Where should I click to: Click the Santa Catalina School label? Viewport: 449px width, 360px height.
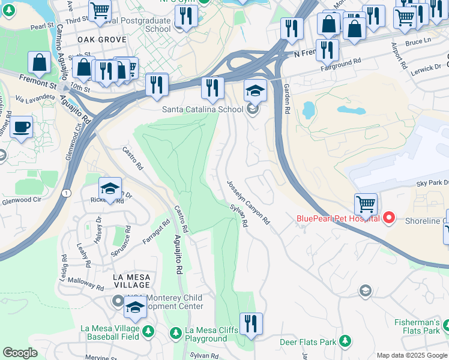point(202,109)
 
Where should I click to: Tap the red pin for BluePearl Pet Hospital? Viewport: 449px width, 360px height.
point(388,218)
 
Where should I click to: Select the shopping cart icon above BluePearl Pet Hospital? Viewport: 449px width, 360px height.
point(366,203)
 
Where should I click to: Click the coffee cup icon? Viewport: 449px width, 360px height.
point(22,127)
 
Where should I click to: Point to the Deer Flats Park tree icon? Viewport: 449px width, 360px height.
point(345,341)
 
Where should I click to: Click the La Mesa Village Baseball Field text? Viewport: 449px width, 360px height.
point(118,333)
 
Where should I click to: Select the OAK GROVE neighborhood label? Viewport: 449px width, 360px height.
point(102,40)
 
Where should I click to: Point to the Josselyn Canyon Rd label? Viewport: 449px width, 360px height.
point(248,203)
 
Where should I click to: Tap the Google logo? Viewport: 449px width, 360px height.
point(20,353)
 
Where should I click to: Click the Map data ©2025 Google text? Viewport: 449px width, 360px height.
point(412,355)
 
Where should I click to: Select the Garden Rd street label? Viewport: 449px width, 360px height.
point(286,99)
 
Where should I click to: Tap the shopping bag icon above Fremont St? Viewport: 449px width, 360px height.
point(39,62)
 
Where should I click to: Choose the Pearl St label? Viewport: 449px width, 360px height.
point(41,27)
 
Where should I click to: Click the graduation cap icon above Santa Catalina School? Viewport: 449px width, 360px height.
point(255,91)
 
